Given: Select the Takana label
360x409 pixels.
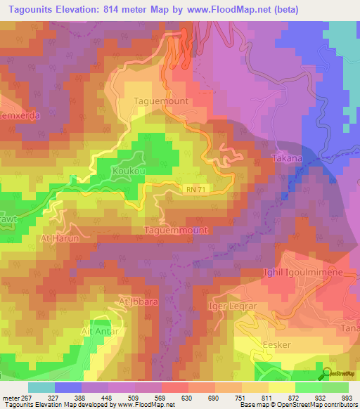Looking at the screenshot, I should (287, 158).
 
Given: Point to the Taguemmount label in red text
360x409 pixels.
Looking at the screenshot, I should (176, 231).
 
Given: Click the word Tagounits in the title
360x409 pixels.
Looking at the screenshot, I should (32, 9).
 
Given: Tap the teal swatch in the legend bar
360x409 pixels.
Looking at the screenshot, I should (41, 387).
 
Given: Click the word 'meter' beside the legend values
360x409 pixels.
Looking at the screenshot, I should (10, 397).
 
